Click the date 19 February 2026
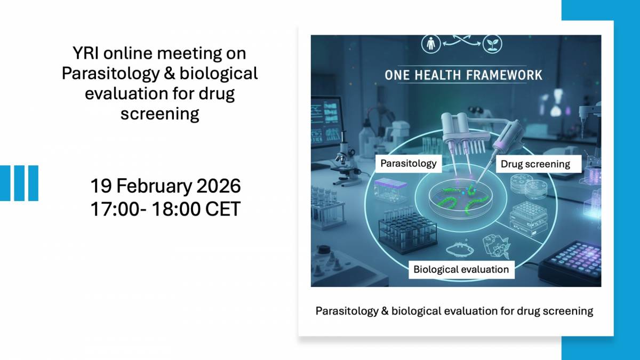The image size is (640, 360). point(165,187)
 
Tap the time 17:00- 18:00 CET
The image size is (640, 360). point(165,209)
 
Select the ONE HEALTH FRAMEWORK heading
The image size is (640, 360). point(463,75)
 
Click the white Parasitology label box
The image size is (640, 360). point(409,163)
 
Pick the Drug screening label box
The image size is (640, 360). point(535,164)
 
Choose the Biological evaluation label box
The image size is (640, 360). point(461,269)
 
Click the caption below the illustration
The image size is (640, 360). point(454,311)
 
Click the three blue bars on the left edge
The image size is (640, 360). point(19,183)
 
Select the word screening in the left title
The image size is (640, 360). point(160,114)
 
